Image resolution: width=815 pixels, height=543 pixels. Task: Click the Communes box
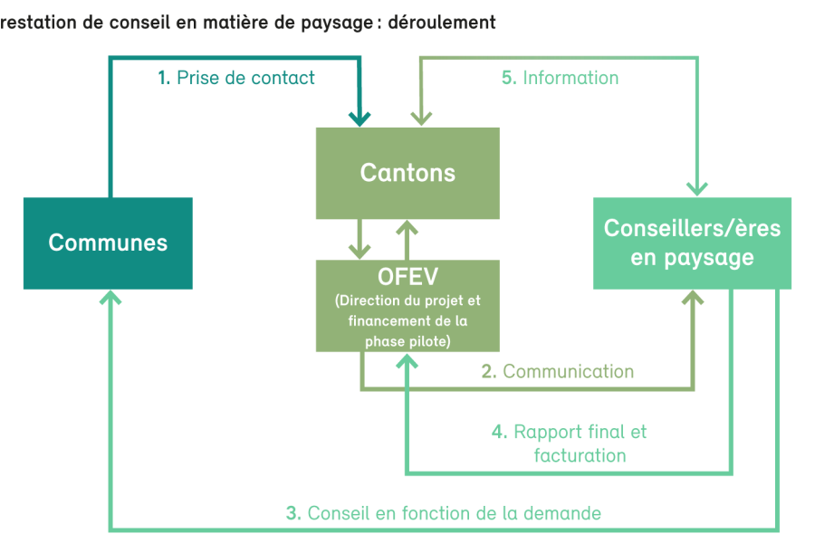(108, 243)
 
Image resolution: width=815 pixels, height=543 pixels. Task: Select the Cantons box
(407, 173)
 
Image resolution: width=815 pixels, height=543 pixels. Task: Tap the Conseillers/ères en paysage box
(693, 243)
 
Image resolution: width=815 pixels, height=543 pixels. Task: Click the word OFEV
(408, 276)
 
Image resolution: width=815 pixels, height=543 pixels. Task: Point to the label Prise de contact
(245, 78)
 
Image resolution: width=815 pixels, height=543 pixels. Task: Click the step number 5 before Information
(509, 78)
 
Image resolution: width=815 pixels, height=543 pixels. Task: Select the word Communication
(569, 372)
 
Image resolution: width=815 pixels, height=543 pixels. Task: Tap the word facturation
(580, 456)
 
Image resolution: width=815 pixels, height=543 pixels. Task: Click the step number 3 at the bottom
(293, 513)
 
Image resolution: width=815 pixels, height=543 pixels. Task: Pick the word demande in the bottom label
(562, 513)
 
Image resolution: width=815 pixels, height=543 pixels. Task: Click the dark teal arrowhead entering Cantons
(360, 118)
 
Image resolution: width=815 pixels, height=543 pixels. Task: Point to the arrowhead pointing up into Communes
(110, 297)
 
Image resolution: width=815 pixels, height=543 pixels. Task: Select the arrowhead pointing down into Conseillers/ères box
(697, 188)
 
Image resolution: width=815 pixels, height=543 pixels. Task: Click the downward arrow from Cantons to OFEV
(360, 239)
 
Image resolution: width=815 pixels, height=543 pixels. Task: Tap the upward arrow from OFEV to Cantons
(407, 240)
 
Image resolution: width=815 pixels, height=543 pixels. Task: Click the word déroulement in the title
(442, 23)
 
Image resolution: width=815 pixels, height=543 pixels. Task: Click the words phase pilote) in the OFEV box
(408, 341)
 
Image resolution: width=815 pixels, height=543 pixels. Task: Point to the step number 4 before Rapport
(500, 432)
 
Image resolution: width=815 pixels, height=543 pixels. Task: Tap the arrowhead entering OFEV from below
(407, 361)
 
